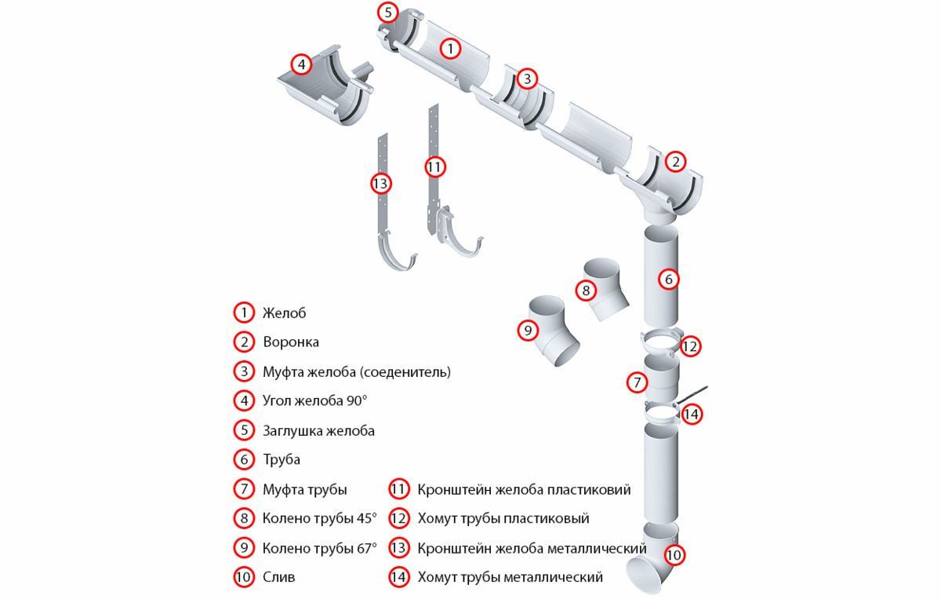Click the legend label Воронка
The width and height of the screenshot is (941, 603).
click(290, 342)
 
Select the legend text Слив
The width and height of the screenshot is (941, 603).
click(278, 577)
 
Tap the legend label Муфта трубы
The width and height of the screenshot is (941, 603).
click(304, 489)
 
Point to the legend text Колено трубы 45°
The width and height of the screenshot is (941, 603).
click(319, 518)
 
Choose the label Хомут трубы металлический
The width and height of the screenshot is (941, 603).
click(510, 577)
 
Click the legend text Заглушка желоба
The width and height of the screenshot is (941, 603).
click(318, 430)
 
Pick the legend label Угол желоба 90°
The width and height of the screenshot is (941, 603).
click(314, 400)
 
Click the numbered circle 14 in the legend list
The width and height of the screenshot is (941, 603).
click(399, 577)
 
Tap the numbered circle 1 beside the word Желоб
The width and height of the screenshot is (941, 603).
click(245, 312)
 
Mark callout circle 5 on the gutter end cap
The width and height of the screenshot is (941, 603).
click(387, 13)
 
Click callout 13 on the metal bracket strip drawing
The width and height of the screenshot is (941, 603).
click(380, 184)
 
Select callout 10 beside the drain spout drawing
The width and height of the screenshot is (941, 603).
click(674, 555)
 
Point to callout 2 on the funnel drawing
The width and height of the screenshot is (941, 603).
click(675, 163)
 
